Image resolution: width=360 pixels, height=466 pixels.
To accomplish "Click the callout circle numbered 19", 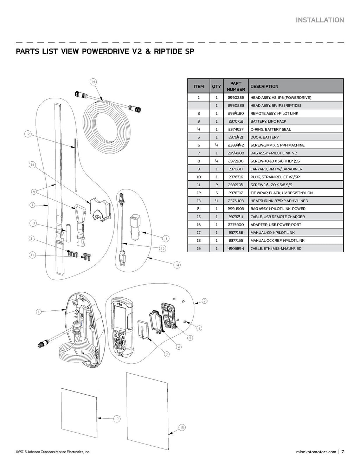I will (x=93, y=82).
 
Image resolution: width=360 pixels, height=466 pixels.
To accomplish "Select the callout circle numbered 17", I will (x=117, y=419).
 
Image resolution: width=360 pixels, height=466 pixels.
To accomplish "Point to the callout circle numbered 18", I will (x=182, y=427).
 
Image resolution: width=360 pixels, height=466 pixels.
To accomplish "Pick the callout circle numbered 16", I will (x=166, y=239).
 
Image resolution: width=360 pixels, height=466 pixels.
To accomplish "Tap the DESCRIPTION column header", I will (x=264, y=86).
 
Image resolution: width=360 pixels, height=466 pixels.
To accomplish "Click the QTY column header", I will (x=217, y=86).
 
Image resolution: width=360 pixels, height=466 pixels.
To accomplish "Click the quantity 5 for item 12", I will (x=217, y=193).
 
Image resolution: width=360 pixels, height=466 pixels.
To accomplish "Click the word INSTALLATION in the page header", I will (x=320, y=20).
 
